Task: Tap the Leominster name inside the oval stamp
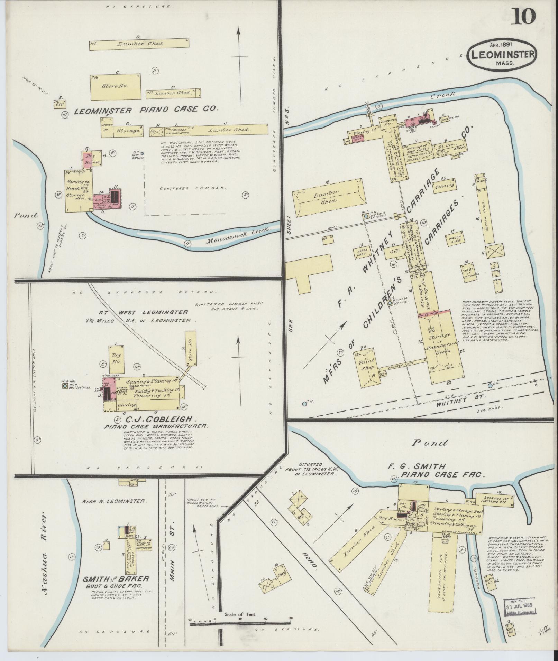tap(501, 54)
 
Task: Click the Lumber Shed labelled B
tap(140, 44)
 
